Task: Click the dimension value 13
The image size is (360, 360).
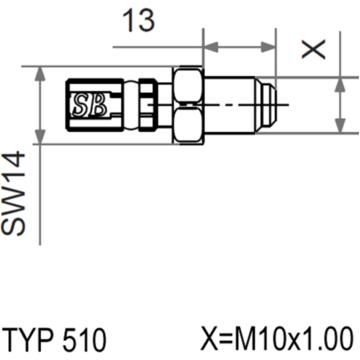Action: (x=139, y=21)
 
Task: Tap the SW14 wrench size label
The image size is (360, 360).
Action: (x=13, y=193)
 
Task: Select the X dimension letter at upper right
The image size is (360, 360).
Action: (x=314, y=49)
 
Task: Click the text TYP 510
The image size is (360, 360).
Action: (x=54, y=340)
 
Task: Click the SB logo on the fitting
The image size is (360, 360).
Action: (x=90, y=105)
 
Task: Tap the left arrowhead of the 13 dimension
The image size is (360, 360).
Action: (x=211, y=47)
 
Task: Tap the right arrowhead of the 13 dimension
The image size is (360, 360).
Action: (x=268, y=47)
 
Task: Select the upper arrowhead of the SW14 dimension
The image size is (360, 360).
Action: (x=40, y=74)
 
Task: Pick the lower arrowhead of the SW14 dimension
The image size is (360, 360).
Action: (x=40, y=137)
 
